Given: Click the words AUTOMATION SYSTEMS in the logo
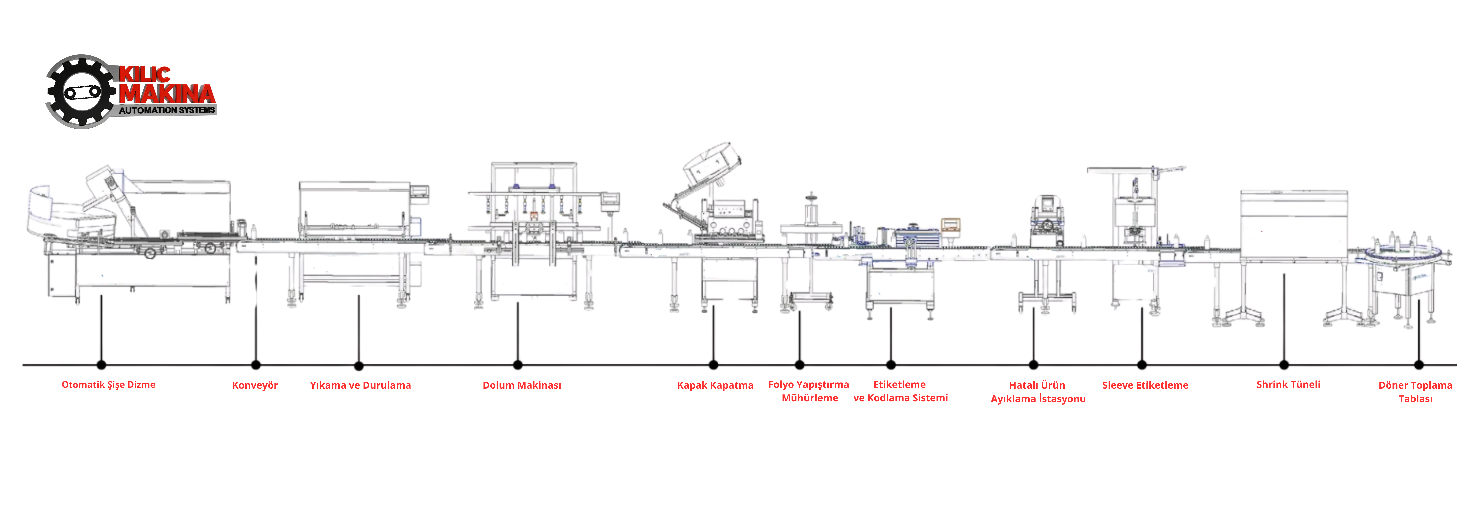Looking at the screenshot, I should click(167, 110).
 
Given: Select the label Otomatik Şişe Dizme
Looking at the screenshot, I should click(108, 384).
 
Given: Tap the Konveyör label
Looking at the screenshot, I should click(255, 385).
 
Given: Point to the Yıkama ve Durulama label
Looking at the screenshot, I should click(360, 385).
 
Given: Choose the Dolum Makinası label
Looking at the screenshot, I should click(521, 385).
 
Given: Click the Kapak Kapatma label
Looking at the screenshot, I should click(715, 385).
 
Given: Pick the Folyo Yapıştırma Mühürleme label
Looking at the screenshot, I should click(809, 391).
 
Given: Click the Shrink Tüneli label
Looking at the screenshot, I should click(1288, 384).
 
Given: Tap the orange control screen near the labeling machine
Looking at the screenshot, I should click(950, 224).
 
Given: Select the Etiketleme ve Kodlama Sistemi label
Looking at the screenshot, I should click(900, 391).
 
